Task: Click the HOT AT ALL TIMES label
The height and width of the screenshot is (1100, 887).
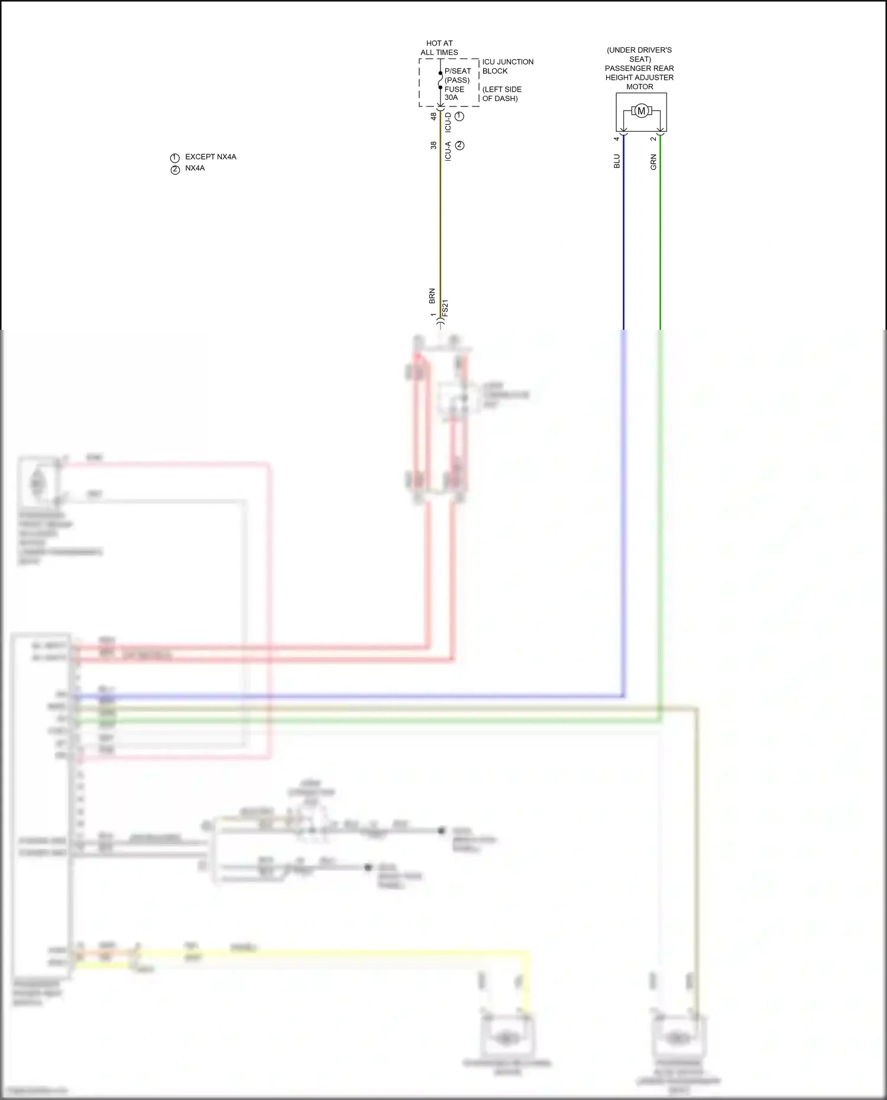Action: coord(439,48)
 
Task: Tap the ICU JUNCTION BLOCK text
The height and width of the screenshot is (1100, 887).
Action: coord(507,66)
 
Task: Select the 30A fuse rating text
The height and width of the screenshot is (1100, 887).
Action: coord(451,98)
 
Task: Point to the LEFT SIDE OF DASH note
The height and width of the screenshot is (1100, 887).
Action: coord(501,94)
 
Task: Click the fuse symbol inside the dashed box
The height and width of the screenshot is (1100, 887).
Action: coord(441,80)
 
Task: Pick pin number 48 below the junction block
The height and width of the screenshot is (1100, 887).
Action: coord(433,116)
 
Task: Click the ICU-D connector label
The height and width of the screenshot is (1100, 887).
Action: coord(448,122)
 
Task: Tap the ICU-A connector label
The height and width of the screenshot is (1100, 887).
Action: coord(448,151)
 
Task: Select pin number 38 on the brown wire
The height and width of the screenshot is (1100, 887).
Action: coord(433,145)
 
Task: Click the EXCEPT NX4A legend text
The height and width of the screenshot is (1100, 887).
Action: coord(211,157)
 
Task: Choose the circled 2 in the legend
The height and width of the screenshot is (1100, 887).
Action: coord(175,170)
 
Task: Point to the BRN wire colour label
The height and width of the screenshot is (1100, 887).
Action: coord(432,296)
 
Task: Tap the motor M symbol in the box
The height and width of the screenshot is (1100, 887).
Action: coord(641,111)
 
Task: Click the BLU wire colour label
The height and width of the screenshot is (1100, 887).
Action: coord(617,161)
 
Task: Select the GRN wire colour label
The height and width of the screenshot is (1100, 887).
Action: coord(653,162)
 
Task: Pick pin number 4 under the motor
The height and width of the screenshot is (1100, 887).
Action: coord(617,139)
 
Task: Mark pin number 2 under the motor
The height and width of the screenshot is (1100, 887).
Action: coord(653,139)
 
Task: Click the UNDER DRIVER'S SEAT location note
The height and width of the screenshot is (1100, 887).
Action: coord(639,54)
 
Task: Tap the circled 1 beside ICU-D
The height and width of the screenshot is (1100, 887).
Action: coord(459,116)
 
